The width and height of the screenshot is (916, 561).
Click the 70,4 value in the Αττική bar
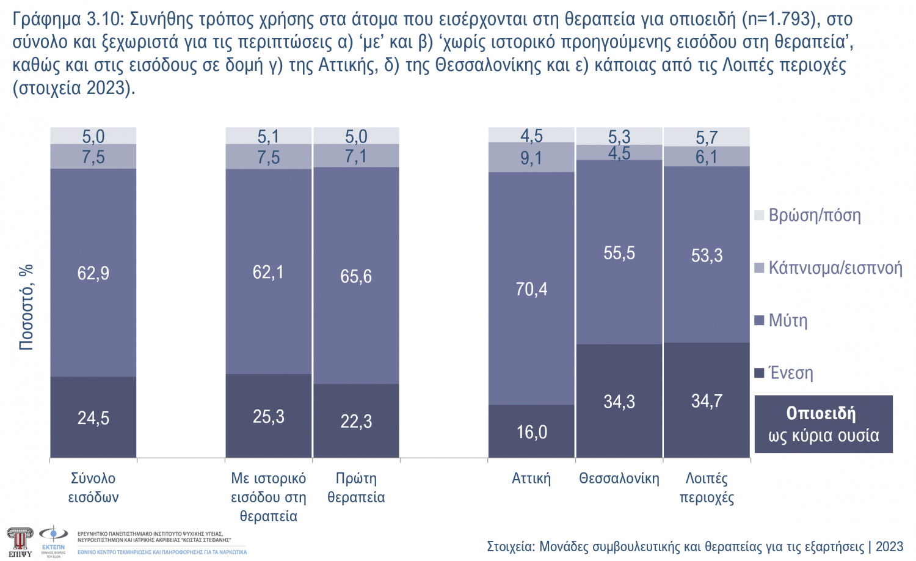tap(531, 289)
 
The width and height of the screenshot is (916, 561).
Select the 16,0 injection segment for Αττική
tap(531, 432)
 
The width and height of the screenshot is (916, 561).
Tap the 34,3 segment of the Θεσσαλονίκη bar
tap(619, 402)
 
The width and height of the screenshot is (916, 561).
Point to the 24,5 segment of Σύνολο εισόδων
tap(93, 418)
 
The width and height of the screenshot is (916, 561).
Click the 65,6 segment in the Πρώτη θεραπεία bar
tap(356, 276)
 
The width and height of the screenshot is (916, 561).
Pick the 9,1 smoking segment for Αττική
tap(531, 158)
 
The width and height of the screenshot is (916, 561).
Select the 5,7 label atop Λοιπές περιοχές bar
tap(707, 137)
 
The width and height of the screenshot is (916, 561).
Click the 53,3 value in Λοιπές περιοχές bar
tap(707, 255)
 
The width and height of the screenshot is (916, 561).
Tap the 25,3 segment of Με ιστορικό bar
tap(269, 417)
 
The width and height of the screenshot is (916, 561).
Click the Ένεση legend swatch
tap(760, 373)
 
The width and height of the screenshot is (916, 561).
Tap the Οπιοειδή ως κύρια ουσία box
tap(823, 424)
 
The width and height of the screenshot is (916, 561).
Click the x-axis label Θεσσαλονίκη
tap(619, 479)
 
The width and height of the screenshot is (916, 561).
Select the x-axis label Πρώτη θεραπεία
tap(356, 488)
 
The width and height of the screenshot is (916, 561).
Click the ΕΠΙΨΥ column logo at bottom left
tap(20, 541)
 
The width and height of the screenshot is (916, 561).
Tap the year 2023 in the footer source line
tap(889, 546)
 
